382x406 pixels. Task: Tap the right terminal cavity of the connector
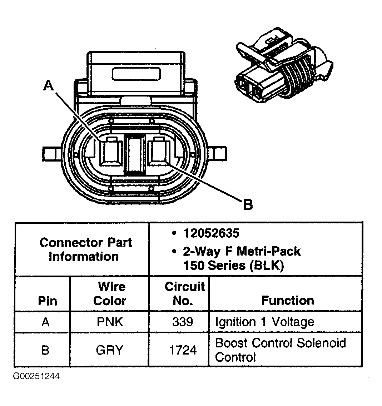click(159, 152)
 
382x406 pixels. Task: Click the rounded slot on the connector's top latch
click(136, 74)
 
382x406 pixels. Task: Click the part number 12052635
click(211, 233)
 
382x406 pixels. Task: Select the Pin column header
click(48, 301)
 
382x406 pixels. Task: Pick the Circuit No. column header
click(184, 293)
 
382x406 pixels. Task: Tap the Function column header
click(287, 300)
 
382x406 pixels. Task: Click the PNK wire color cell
click(110, 322)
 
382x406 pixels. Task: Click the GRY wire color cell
click(109, 350)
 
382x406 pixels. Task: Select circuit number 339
click(183, 322)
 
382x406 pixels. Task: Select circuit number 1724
click(183, 350)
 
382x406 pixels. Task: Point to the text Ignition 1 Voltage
click(264, 322)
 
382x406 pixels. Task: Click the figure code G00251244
click(36, 376)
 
